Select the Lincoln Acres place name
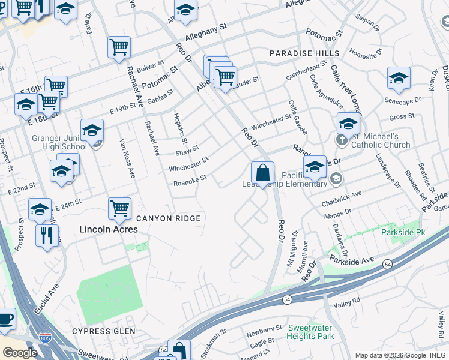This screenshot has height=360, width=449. coord(109,229)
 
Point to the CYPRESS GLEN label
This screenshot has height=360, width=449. coord(100,331)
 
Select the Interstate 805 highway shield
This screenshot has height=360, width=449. coord(45,338)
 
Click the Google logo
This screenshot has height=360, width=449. coord(20,353)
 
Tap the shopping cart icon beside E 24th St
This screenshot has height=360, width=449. coord(119,208)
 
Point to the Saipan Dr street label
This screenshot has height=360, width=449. coord(367,24)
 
